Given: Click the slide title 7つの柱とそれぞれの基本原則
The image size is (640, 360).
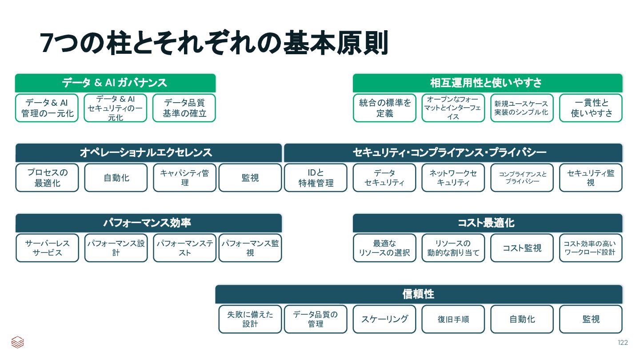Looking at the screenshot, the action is pyautogui.click(x=214, y=43).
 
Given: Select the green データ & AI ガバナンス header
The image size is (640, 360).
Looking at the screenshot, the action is pyautogui.click(x=115, y=83).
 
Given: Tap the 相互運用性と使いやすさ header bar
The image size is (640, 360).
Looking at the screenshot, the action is pyautogui.click(x=488, y=83).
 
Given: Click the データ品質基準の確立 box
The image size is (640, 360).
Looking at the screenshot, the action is pyautogui.click(x=184, y=108).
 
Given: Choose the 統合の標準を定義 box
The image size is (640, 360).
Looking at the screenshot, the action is pyautogui.click(x=384, y=108).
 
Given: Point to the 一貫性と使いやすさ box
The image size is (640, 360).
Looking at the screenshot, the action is pyautogui.click(x=591, y=108).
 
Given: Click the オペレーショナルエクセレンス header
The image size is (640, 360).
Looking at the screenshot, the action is pyautogui.click(x=148, y=152).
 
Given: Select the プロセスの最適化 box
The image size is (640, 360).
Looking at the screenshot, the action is pyautogui.click(x=47, y=178).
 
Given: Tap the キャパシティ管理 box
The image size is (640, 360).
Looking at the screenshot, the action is pyautogui.click(x=184, y=178).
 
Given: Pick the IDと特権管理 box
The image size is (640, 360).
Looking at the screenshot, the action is pyautogui.click(x=316, y=178).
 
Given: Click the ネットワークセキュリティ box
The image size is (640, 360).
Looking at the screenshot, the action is pyautogui.click(x=453, y=178).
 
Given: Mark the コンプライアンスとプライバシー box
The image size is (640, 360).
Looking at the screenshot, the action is pyautogui.click(x=522, y=178).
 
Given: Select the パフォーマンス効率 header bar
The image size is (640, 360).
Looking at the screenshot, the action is pyautogui.click(x=148, y=223).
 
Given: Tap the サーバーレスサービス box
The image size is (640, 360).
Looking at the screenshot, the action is pyautogui.click(x=47, y=248).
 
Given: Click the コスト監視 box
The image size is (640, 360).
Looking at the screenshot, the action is pyautogui.click(x=522, y=248).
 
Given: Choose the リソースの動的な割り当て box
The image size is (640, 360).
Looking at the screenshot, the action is pyautogui.click(x=453, y=248).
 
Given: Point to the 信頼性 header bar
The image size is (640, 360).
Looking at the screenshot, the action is pyautogui.click(x=419, y=294).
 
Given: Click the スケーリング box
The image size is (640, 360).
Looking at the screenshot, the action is pyautogui.click(x=384, y=319).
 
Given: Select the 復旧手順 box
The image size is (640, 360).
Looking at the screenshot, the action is pyautogui.click(x=453, y=319).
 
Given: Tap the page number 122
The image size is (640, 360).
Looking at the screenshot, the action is pyautogui.click(x=623, y=343).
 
